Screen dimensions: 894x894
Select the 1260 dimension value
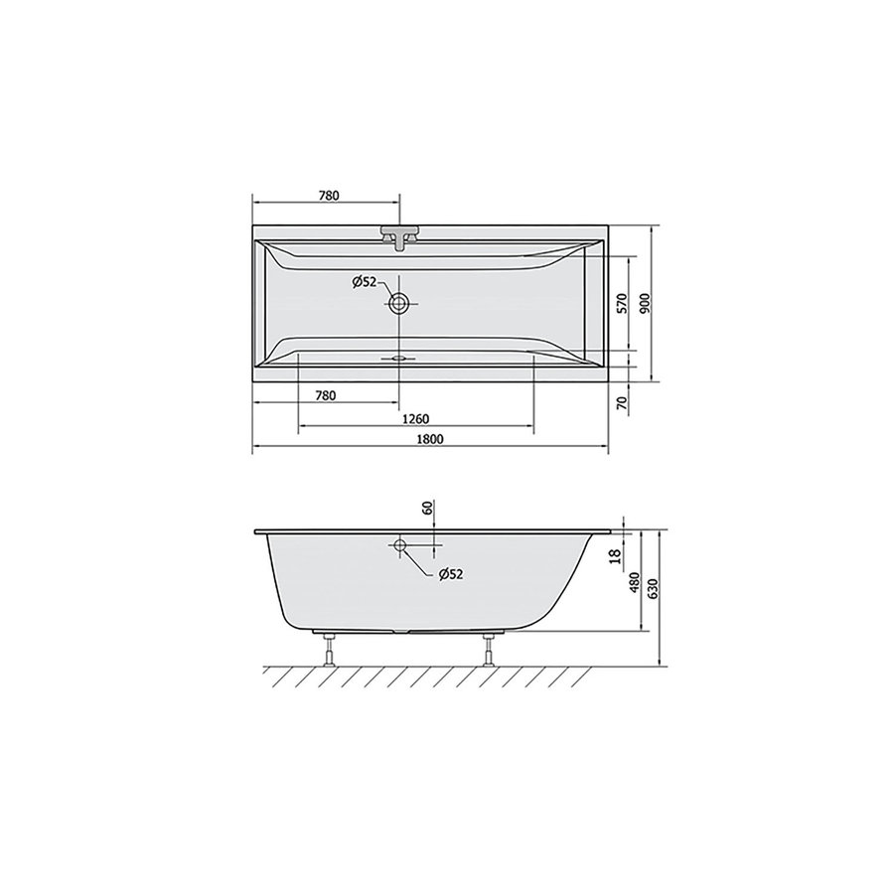point(415,417)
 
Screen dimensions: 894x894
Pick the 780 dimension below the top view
point(325,395)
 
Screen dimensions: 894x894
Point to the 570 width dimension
point(622,304)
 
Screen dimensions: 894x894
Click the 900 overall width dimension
point(646,304)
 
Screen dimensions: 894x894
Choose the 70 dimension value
point(622,403)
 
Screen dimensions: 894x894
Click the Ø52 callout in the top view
point(365,282)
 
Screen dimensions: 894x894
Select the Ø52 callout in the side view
point(451,573)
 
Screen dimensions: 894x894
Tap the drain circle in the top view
point(399,304)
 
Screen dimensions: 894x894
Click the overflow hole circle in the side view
point(399,545)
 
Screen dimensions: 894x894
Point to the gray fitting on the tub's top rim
point(399,237)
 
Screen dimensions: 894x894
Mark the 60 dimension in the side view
point(426,509)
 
